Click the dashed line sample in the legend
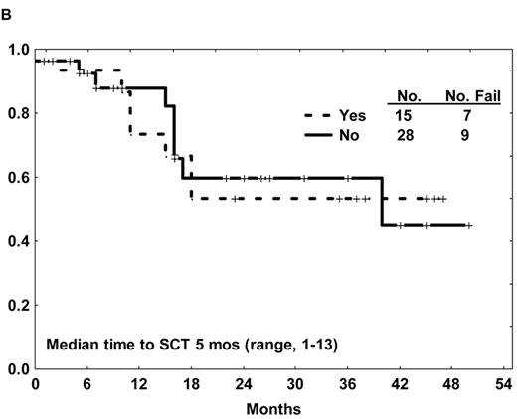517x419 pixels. tap(314, 114)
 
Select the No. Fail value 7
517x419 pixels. tap(465, 114)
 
